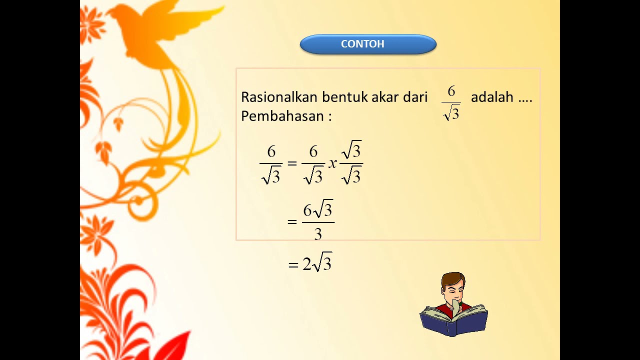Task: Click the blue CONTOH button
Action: (x=368, y=44)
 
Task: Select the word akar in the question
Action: (x=385, y=97)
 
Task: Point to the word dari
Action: (x=414, y=97)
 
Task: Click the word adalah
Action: (x=492, y=97)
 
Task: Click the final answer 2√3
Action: (x=317, y=263)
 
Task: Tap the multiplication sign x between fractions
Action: (x=332, y=163)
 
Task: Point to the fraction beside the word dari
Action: (x=451, y=103)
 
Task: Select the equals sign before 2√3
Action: (x=293, y=265)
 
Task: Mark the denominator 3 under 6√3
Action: (x=318, y=233)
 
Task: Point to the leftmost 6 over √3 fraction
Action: (x=271, y=163)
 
